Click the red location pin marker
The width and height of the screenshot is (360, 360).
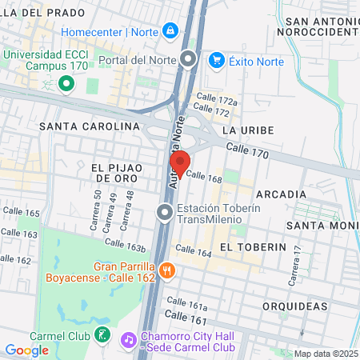tap(179, 163)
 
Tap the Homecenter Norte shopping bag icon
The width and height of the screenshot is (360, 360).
tap(170, 31)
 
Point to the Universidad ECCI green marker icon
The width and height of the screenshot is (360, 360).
tap(66, 82)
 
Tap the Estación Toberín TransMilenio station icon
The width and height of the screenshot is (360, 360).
tap(165, 213)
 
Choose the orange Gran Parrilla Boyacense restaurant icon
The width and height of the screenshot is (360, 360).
tap(166, 270)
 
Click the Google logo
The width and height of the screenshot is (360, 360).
tap(26, 350)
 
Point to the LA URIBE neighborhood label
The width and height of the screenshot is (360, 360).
tap(248, 130)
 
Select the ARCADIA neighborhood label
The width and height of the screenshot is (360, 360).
tap(281, 194)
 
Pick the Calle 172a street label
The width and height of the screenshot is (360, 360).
tap(217, 102)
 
